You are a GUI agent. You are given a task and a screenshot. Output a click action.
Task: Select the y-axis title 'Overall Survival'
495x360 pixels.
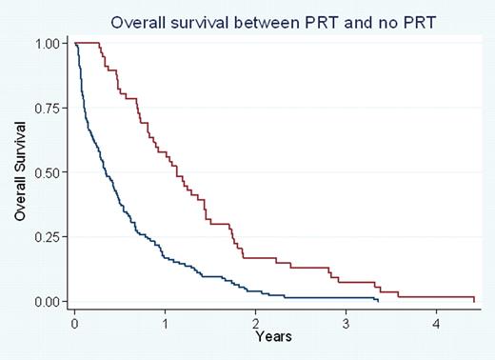(x=20, y=171)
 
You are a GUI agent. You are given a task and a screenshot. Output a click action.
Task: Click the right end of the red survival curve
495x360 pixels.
(x=473, y=301)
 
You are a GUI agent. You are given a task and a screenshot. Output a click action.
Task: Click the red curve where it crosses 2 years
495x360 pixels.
(x=255, y=258)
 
